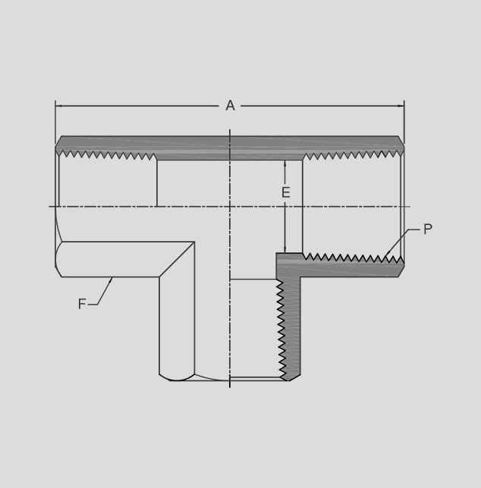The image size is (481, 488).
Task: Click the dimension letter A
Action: pos(230,105)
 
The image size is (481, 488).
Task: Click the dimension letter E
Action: pos(286,192)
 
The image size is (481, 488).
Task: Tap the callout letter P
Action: pos(428,229)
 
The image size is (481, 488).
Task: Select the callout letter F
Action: pos(82,304)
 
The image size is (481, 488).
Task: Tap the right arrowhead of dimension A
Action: pos(401,106)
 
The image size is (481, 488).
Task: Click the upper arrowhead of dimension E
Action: pos(285,164)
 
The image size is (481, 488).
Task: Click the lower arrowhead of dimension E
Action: pos(285,249)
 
